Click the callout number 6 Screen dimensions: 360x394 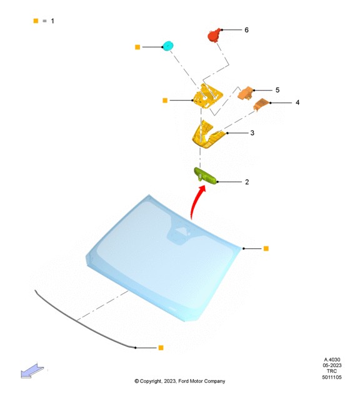(x=246, y=30)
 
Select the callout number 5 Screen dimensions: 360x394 (x=277, y=90)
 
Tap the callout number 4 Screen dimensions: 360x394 (x=297, y=103)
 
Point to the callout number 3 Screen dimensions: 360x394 (x=252, y=133)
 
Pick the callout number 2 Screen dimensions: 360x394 (x=247, y=182)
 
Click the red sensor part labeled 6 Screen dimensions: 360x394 (x=214, y=35)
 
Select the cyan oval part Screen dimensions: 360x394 (x=167, y=46)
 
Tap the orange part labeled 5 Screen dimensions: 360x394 (x=246, y=93)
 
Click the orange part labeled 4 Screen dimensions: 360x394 (x=261, y=104)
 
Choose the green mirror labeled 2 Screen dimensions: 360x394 (x=205, y=176)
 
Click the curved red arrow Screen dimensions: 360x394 (x=196, y=201)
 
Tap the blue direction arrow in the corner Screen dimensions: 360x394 (x=32, y=371)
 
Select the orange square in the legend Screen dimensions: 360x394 (x=36, y=21)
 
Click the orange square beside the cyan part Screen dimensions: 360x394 (x=137, y=47)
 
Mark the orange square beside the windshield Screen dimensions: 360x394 (x=266, y=248)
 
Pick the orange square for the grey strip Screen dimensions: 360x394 (x=161, y=348)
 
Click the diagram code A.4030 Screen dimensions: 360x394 (x=332, y=360)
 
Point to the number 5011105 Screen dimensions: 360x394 (x=332, y=377)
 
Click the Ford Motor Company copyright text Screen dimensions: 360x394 (x=180, y=381)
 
